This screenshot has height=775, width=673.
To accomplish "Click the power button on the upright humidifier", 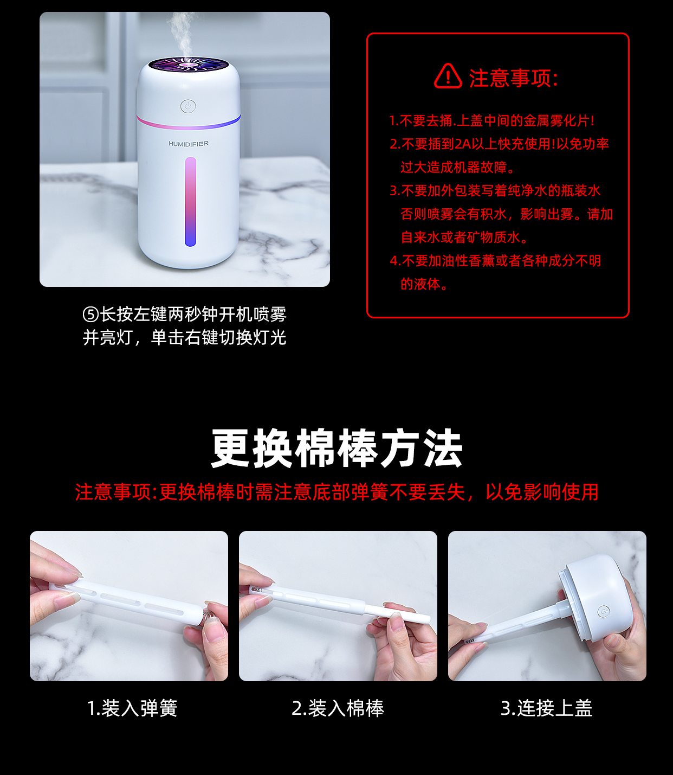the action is click(188, 106).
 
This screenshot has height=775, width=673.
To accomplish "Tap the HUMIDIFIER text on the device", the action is click(189, 144).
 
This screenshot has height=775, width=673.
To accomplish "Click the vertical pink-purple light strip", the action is click(190, 202).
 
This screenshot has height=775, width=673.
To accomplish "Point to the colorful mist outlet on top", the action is click(189, 65).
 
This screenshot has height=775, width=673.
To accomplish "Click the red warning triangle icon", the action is click(448, 76).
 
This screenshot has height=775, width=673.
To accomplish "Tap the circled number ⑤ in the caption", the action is click(91, 315).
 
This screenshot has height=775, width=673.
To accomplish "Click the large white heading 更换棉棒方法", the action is click(336, 449).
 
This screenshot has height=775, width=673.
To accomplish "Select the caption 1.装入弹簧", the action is click(132, 708).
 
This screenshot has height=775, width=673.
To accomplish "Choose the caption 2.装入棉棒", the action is click(338, 708).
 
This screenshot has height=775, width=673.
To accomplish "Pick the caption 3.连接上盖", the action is click(547, 708).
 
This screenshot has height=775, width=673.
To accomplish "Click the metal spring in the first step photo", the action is click(210, 616).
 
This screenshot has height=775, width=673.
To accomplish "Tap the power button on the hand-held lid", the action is click(604, 611).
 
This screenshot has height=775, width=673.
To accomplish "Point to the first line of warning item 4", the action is click(496, 261).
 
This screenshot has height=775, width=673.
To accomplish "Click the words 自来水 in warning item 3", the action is click(420, 238).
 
